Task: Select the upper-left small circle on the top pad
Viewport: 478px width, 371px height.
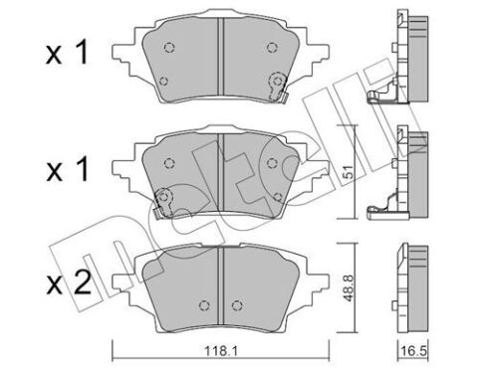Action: click(x=166, y=47)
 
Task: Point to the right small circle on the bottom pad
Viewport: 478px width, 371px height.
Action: click(x=236, y=304)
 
